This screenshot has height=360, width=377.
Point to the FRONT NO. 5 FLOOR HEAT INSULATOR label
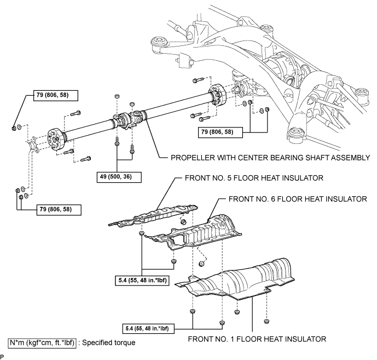(x=254, y=178)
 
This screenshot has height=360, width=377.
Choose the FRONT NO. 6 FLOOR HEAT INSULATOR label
(x=298, y=199)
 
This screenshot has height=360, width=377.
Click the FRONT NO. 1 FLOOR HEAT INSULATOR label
(x=257, y=339)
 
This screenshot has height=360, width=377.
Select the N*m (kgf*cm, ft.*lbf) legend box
(x=42, y=342)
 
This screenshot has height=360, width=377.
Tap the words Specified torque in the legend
(x=109, y=342)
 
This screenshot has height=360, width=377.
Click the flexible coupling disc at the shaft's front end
(x=56, y=141)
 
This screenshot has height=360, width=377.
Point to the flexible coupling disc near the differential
(x=217, y=95)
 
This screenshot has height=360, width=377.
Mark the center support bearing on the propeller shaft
(x=124, y=119)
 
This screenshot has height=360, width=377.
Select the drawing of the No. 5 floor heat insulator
(x=153, y=215)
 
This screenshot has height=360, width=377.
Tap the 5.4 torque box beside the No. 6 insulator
(x=142, y=280)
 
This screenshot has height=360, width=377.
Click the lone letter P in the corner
(x=2, y=356)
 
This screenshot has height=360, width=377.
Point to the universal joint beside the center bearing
(x=138, y=115)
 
